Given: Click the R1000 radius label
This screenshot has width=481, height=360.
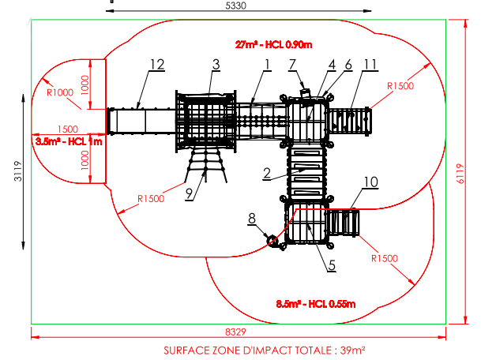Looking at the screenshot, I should pyautogui.click(x=60, y=92).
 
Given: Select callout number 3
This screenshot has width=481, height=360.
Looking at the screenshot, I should pyautogui.click(x=215, y=63).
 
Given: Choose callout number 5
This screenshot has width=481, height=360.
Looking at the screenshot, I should pyautogui.click(x=333, y=265).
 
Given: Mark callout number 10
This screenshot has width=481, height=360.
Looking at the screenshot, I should pyautogui.click(x=370, y=182).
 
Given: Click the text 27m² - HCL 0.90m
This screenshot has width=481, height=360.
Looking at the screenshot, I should pyautogui.click(x=272, y=43).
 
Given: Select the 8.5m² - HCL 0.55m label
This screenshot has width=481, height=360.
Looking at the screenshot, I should pyautogui.click(x=315, y=304).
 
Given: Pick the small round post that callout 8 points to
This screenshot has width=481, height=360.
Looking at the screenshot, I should pyautogui.click(x=274, y=241).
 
